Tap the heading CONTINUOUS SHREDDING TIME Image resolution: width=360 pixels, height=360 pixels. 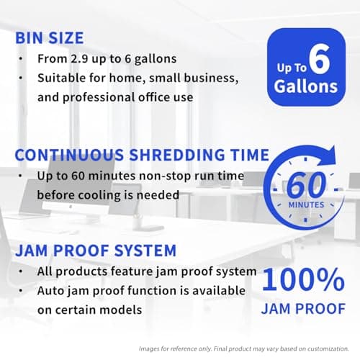click(x=142, y=155)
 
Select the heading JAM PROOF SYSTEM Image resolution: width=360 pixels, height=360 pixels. click(x=96, y=251)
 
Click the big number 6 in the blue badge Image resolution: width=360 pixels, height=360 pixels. click(x=323, y=61)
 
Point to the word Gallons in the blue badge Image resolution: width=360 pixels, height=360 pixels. click(x=306, y=86)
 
